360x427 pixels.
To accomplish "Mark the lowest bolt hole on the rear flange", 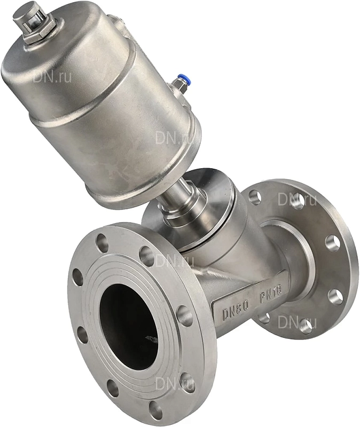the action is click(305, 327).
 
